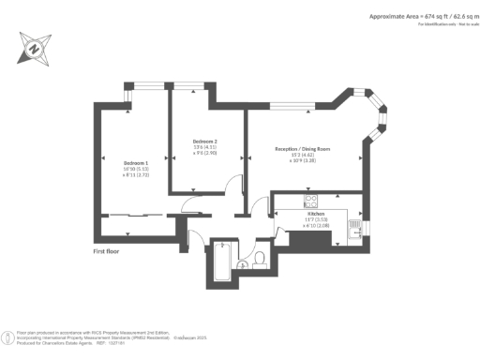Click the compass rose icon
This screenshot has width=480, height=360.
34,47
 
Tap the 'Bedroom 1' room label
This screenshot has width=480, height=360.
135,162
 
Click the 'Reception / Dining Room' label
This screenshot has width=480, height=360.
304,148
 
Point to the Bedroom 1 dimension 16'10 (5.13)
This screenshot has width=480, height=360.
135,169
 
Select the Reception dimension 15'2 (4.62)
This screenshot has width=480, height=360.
304,155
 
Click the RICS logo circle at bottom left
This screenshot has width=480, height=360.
8,335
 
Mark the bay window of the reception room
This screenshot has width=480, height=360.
376,117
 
